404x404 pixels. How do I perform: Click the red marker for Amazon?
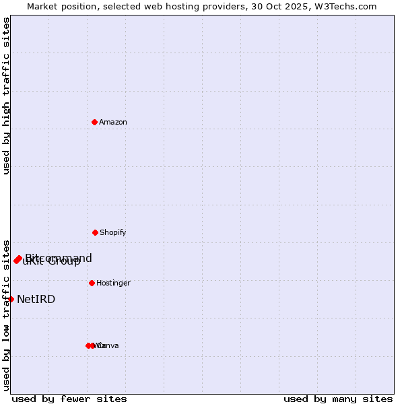94,122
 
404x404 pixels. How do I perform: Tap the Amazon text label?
113,122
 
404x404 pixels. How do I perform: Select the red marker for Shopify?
95,232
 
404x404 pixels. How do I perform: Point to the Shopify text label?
113,232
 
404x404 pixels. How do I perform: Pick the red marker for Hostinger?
92,283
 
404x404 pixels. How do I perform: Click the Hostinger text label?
113,283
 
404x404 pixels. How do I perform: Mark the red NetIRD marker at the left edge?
11,299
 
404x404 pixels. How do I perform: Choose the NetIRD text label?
36,299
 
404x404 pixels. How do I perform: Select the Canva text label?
110,345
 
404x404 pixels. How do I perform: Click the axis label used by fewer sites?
69,399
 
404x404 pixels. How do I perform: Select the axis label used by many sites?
338,399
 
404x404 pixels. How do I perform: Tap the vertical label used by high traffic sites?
7,96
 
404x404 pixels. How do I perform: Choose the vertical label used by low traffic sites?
7,315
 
